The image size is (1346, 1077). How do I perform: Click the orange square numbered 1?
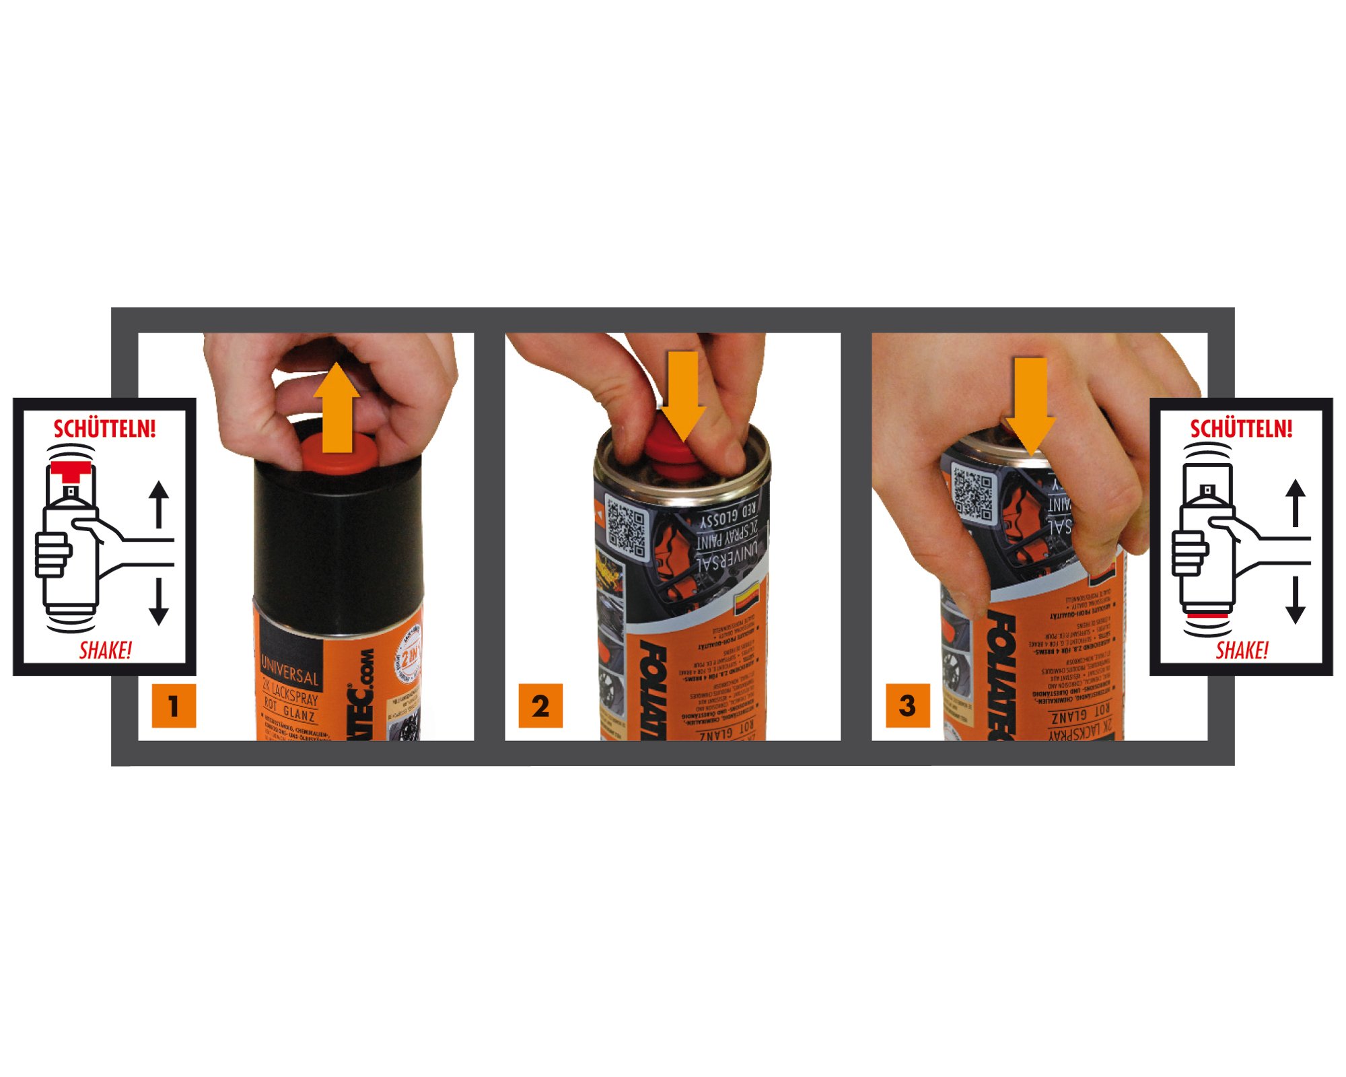(x=174, y=705)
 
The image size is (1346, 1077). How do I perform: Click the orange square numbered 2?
(x=540, y=705)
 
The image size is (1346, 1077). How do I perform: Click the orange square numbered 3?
(x=907, y=705)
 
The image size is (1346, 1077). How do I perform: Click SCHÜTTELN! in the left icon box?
(x=104, y=429)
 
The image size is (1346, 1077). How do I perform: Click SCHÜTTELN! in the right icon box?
(x=1241, y=429)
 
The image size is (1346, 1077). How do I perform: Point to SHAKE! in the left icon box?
(x=106, y=650)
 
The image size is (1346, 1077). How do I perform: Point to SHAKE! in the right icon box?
(x=1242, y=650)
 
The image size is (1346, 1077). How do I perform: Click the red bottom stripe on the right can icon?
(x=1207, y=615)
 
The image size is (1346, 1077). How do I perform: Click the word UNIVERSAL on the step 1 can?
(x=290, y=669)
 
